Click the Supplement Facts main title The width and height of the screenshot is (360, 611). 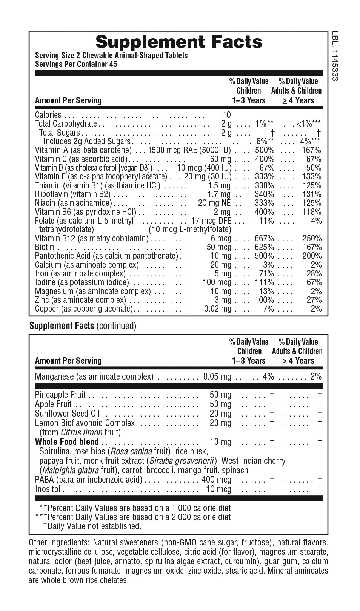(179, 42)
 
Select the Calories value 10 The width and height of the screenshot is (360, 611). (226, 115)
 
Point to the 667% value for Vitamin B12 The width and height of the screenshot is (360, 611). (264, 238)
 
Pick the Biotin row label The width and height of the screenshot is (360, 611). (45, 247)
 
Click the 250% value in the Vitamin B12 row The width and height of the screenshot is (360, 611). (312, 238)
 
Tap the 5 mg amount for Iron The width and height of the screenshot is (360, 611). (223, 273)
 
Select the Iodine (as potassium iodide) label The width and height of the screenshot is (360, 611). (82, 282)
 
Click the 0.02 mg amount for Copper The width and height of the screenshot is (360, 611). (217, 309)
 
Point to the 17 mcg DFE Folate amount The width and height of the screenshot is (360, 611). (211, 221)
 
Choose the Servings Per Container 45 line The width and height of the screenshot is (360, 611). (76, 64)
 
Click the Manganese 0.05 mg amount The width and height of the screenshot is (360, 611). (217, 376)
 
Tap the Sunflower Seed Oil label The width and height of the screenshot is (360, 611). (68, 414)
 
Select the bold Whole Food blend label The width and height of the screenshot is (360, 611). (67, 442)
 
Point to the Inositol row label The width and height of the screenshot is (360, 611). (48, 489)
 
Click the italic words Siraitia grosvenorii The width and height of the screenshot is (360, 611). (182, 461)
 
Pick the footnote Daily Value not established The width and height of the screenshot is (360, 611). (94, 526)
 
